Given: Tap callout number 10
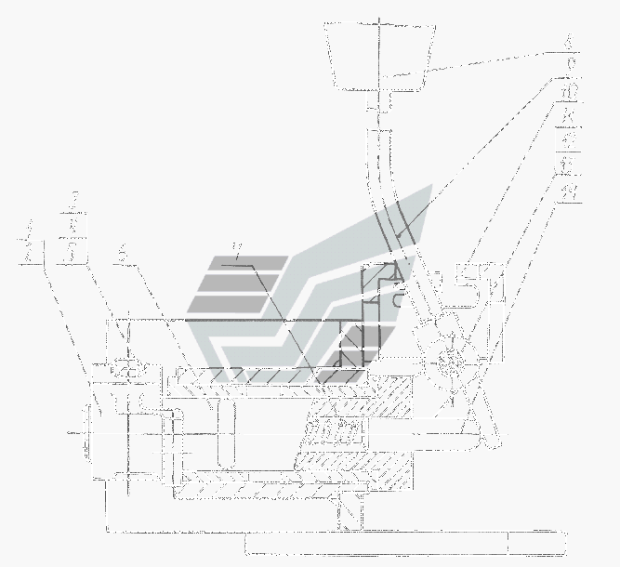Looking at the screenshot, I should pyautogui.click(x=568, y=93).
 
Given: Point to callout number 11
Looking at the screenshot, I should pyautogui.click(x=568, y=119).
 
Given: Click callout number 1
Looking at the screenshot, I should pyautogui.click(x=31, y=228).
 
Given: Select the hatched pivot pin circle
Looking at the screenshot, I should pyautogui.click(x=448, y=359).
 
